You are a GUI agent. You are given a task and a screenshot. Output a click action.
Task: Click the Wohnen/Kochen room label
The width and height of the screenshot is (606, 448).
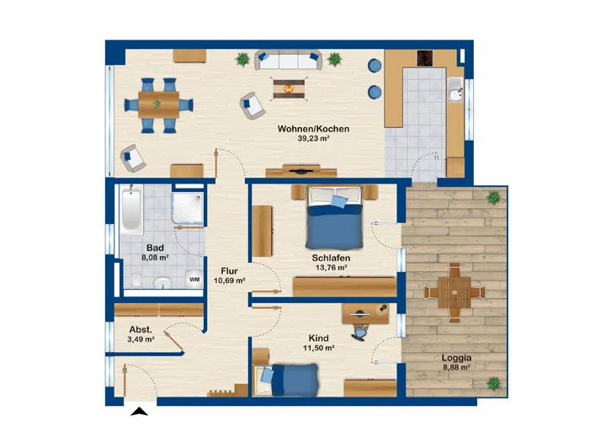(313, 129)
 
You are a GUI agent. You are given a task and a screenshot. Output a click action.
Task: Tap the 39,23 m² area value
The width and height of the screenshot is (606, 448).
(313, 138)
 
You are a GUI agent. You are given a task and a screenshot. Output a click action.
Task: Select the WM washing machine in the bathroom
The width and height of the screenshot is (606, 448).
(194, 279)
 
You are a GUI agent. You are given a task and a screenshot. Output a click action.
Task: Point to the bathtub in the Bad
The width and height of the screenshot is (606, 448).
(131, 209)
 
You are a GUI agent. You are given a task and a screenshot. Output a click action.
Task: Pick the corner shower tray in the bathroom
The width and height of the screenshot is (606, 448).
(188, 208)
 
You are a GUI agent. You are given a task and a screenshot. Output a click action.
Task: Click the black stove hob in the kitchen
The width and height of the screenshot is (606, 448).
(425, 58)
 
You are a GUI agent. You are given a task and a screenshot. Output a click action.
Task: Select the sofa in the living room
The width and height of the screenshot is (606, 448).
(289, 60)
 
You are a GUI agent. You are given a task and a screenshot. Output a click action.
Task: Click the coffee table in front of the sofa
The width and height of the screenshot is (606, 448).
(288, 89)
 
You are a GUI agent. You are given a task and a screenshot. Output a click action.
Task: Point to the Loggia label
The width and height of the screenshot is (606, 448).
(456, 358)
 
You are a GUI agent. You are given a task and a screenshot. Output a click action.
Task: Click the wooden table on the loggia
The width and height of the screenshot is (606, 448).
(454, 292)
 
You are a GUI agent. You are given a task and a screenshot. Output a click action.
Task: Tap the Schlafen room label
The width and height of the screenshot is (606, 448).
(331, 258)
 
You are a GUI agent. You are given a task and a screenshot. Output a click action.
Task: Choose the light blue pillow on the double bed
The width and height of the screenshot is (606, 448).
(339, 201)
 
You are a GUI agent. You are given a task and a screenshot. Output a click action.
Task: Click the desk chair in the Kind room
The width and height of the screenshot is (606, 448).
(360, 332)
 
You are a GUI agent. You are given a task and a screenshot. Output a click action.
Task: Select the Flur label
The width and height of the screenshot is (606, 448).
(229, 271)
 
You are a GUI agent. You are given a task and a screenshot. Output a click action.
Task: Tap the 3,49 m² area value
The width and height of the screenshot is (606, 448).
(141, 339)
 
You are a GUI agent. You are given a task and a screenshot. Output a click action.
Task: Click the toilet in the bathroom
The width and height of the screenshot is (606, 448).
(136, 278)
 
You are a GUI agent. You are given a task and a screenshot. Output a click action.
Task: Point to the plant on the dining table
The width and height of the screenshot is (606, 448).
(157, 104)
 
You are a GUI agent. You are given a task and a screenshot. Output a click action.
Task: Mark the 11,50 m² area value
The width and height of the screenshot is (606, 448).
(318, 348)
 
